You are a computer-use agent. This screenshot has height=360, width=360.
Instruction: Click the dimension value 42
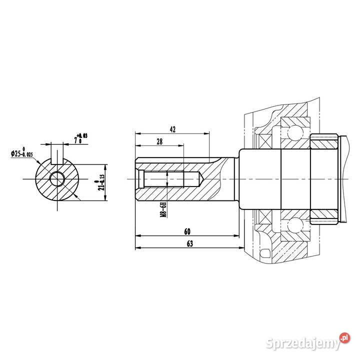point(172,129)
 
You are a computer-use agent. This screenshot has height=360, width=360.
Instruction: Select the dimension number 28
point(159,142)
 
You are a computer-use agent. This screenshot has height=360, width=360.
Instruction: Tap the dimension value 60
point(187,232)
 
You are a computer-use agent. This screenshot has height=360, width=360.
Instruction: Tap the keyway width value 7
point(75,141)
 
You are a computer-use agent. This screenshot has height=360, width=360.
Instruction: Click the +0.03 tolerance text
point(82,135)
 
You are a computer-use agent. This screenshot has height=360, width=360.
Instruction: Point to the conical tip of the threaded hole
point(198,177)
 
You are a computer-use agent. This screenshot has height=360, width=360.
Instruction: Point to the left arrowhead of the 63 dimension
point(138,247)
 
